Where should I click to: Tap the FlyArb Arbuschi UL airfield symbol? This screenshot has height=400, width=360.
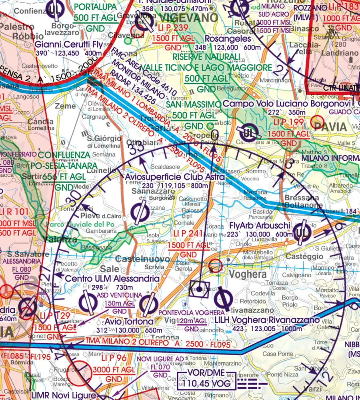[302, 233]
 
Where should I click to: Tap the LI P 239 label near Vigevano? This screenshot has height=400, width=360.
[170, 27]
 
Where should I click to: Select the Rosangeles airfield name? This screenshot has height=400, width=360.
[228, 39]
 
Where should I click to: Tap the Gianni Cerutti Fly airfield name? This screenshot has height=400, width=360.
[69, 44]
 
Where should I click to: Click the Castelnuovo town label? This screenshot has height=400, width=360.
[146, 259]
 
